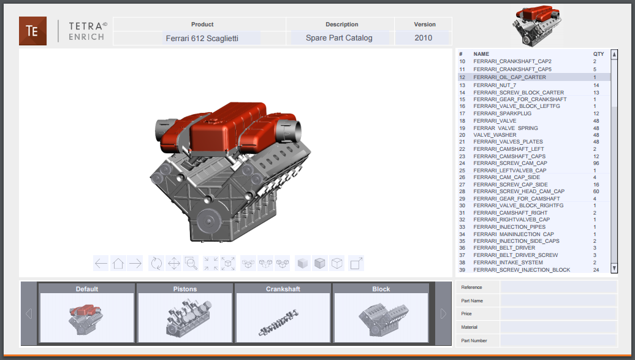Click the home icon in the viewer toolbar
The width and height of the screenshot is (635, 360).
coord(118,264)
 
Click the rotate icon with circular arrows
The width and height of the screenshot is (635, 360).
coord(156,264)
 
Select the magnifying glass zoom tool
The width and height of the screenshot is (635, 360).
coord(191,264)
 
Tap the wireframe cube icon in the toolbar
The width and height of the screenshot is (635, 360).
coord(337,264)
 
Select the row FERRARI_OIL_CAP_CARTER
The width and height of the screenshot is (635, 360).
coord(509,77)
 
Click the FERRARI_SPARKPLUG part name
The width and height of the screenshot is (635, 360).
coord(502,113)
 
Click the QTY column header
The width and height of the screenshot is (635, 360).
coord(598,54)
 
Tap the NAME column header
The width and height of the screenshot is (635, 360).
coord(481,54)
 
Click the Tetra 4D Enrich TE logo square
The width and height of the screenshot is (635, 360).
coord(32,31)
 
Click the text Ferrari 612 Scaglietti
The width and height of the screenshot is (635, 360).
coord(202,38)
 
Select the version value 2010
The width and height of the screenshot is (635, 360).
coord(423,38)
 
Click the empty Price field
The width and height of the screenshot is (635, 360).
coord(558,313)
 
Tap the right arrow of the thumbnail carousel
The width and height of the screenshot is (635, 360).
coord(444,313)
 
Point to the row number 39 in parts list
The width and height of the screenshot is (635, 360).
coord(462,270)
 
